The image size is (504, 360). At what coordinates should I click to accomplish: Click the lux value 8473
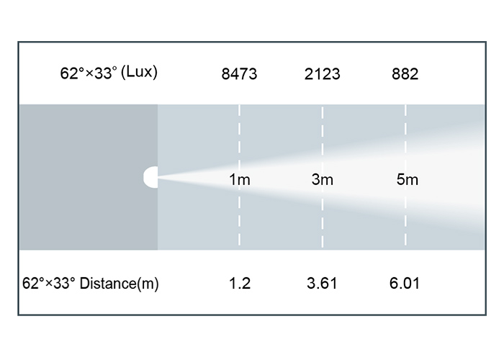pos(239,74)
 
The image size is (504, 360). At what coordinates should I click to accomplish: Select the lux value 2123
pos(322,74)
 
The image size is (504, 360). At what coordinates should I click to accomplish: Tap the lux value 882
pos(405,74)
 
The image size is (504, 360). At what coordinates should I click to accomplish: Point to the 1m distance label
pos(240,179)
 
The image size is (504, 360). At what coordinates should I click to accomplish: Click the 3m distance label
pos(323,179)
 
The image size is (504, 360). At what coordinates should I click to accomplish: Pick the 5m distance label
pos(408,179)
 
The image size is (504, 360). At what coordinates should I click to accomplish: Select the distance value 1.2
pos(240,283)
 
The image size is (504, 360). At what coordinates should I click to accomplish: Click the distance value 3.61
pos(322,283)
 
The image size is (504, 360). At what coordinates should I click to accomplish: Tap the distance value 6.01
pos(405,283)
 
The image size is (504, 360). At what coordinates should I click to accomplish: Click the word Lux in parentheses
pos(139,72)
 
